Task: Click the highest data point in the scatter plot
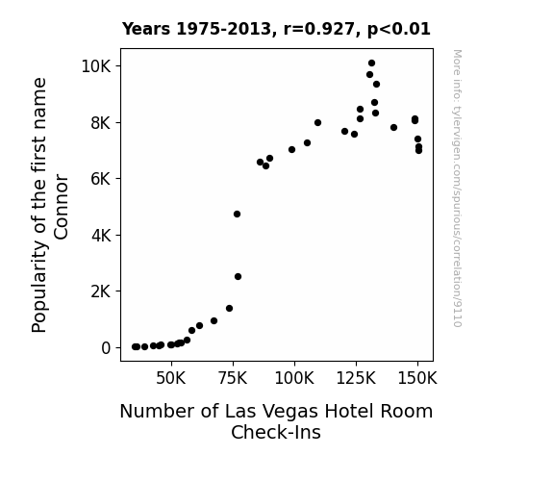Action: pyautogui.click(x=371, y=63)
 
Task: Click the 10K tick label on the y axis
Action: pyautogui.click(x=96, y=66)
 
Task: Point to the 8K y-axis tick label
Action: pyautogui.click(x=101, y=123)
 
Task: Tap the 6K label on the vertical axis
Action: pyautogui.click(x=101, y=179)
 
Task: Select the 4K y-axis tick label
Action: pyautogui.click(x=101, y=236)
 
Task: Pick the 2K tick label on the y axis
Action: pyautogui.click(x=101, y=291)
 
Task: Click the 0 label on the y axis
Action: pyautogui.click(x=106, y=348)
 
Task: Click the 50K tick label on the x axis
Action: pyautogui.click(x=170, y=378)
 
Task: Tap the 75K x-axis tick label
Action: pyautogui.click(x=233, y=378)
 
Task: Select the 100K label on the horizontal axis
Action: pyautogui.click(x=294, y=378)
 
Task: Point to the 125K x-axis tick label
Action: pyautogui.click(x=356, y=378)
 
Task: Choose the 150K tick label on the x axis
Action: pyautogui.click(x=417, y=378)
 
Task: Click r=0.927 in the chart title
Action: pyautogui.click(x=319, y=29)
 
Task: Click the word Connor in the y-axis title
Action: pyautogui.click(x=61, y=207)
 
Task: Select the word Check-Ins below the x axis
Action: pyautogui.click(x=276, y=432)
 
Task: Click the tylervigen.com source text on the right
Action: pyautogui.click(x=457, y=189)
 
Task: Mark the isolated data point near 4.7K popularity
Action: pyautogui.click(x=237, y=215)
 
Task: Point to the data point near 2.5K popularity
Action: pyautogui.click(x=239, y=277)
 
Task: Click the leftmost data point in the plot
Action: pyautogui.click(x=135, y=347)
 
